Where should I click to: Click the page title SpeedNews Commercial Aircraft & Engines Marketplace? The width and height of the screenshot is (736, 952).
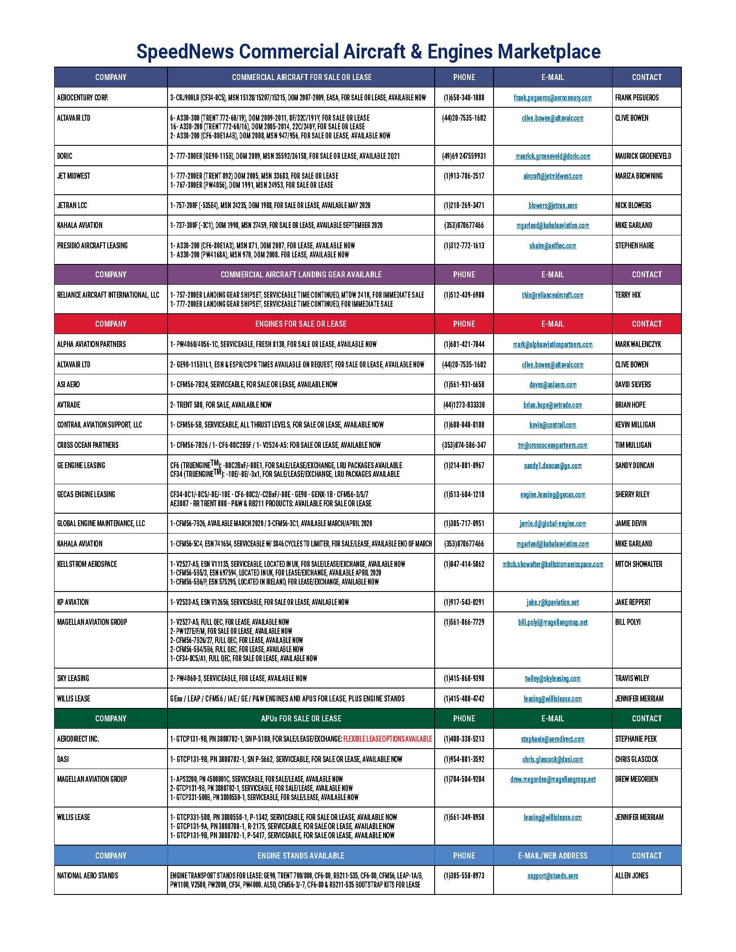pos(368,51)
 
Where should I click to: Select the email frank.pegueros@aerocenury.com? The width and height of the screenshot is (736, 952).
pos(552,98)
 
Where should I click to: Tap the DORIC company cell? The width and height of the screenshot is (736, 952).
pos(65,156)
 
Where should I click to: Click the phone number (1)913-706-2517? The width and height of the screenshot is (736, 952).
pos(464,176)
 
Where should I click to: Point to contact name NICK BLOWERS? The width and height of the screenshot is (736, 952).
pos(633,205)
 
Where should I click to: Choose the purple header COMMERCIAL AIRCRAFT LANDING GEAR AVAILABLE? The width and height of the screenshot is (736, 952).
pos(301,275)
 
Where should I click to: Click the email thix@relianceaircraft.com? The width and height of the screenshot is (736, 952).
pos(552,295)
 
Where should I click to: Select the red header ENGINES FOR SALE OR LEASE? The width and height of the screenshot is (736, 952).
pos(301,324)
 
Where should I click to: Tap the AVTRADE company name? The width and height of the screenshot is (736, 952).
pos(69,405)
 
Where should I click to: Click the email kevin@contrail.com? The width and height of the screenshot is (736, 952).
pos(552,425)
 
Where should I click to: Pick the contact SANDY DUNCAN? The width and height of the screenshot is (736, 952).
pos(634,465)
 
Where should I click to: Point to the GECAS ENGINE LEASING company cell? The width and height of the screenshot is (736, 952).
pos(86,494)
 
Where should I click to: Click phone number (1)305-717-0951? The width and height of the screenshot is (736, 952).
pos(464,523)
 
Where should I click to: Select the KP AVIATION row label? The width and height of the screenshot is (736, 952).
pos(73,602)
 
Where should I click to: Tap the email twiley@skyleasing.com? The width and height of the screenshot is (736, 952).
pos(552,678)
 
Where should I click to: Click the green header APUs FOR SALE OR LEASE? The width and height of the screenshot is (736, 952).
pos(301,718)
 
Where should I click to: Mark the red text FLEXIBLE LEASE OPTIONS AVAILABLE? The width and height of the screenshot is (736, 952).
pos(387,739)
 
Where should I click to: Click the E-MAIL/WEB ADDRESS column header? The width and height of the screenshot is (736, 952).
pos(552,856)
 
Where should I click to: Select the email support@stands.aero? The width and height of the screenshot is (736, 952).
pos(552,876)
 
